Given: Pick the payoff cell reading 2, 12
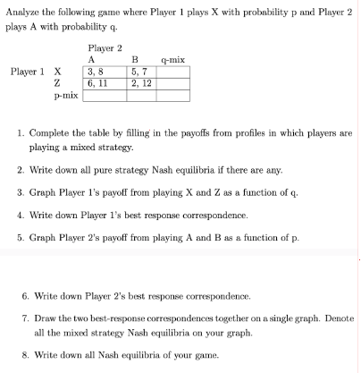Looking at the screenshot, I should pos(139,81).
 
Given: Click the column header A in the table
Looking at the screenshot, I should pos(92,60).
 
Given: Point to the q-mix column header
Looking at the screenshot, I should pos(173,60).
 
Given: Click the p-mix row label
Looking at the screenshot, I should pos(65,92).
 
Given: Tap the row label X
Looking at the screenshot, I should pos(58,71).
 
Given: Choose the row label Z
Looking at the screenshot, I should pos(58,81).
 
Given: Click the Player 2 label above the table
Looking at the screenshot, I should pos(105,48).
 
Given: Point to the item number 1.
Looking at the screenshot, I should pos(21,132).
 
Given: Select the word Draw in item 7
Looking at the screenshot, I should pos(43,318).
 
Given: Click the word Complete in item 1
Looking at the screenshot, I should pos(49,132).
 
